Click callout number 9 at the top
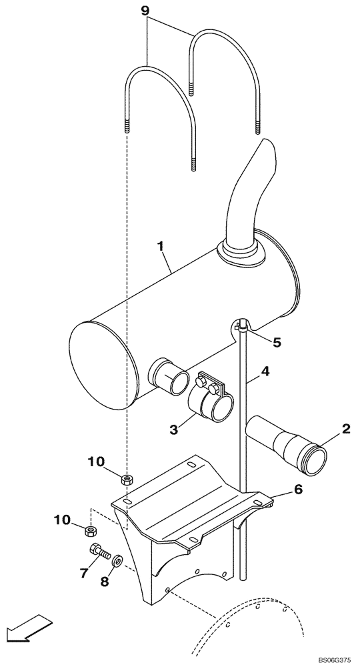[146, 11]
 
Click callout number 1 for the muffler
[160, 247]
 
